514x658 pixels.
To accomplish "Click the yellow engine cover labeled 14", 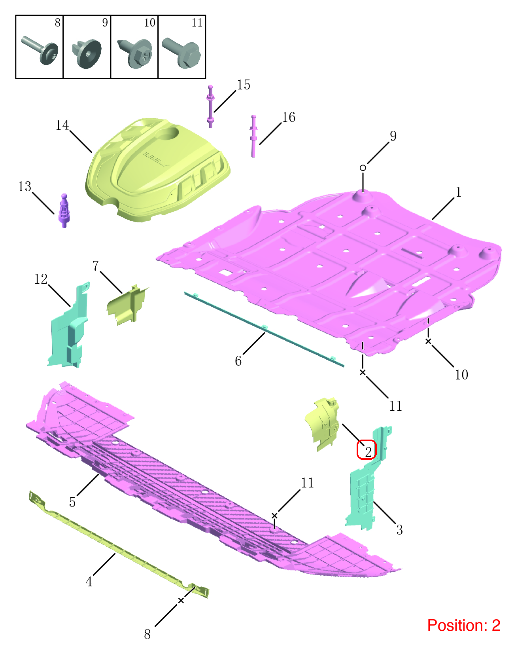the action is point(157,170).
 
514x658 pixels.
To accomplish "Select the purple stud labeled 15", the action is point(210,106).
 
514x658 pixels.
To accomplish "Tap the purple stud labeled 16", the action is point(253,136).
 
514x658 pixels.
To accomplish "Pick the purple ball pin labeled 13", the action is point(64,211).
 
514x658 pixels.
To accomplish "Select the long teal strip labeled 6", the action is point(264,329).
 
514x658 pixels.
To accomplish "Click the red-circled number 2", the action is point(367,449).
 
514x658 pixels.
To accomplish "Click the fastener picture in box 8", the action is point(40,50).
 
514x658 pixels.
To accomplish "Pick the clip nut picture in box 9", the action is point(87,53).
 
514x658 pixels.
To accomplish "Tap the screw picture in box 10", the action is point(134,53).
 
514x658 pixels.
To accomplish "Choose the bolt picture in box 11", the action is point(181,53).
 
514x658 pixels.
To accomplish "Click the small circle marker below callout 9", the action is point(363,168).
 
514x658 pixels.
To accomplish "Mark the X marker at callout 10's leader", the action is point(428,341).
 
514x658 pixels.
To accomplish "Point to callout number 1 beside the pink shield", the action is point(458,192).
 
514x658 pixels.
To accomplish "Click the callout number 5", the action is point(72,502).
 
